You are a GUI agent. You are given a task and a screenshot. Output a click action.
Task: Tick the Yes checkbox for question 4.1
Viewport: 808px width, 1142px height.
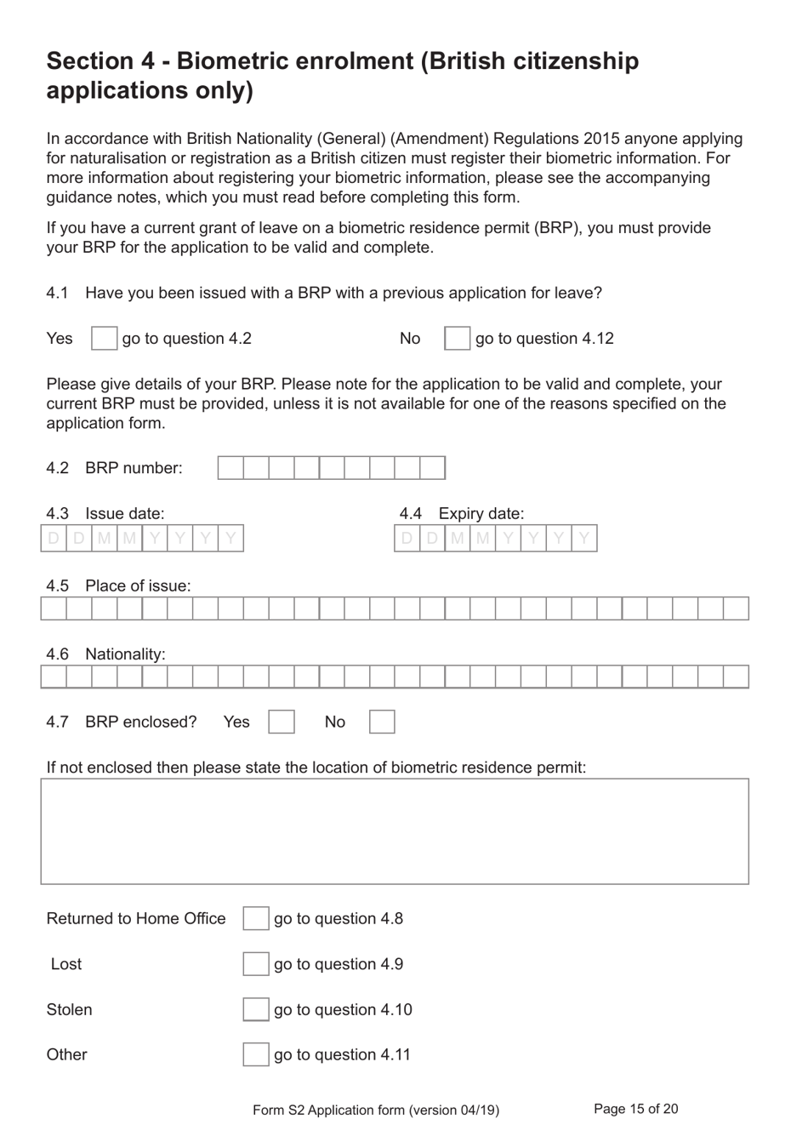pos(104,339)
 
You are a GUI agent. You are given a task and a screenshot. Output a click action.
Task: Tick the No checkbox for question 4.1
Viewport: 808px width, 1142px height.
pos(457,339)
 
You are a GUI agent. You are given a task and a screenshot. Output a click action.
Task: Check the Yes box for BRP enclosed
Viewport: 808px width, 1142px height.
pos(281,722)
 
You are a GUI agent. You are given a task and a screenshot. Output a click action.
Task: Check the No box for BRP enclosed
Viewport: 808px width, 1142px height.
pos(382,722)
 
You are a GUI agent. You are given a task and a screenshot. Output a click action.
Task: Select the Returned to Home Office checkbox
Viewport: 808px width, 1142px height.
pos(255,919)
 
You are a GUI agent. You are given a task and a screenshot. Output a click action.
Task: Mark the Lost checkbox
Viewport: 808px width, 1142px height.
pos(255,964)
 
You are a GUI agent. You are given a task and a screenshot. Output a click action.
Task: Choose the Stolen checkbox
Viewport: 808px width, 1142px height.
pos(255,1010)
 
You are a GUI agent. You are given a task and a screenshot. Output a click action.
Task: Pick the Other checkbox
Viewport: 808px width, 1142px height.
pos(255,1055)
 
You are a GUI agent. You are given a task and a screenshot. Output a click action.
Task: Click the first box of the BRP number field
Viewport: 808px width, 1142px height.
pos(230,468)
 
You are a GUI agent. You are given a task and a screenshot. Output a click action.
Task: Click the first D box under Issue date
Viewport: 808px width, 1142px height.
pos(54,539)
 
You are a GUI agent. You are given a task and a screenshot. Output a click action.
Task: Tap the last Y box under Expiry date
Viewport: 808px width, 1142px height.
pos(583,539)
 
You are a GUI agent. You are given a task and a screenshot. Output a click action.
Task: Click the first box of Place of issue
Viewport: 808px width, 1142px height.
pos(54,608)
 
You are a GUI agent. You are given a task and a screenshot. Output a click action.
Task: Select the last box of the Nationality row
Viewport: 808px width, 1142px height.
pos(736,677)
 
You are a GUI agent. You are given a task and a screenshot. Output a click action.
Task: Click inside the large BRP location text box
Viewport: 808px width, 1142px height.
pos(395,831)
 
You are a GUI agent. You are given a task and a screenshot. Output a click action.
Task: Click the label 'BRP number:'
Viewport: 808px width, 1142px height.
pos(134,468)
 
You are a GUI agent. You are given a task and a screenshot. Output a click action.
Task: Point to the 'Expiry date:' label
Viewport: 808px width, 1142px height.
pos(481,514)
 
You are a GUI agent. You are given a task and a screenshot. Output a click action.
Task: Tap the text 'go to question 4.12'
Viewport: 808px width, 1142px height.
pos(544,339)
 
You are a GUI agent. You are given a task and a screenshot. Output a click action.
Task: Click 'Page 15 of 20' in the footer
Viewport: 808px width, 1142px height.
pos(635,1109)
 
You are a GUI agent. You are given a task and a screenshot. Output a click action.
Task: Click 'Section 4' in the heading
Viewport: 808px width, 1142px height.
pos(101,61)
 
